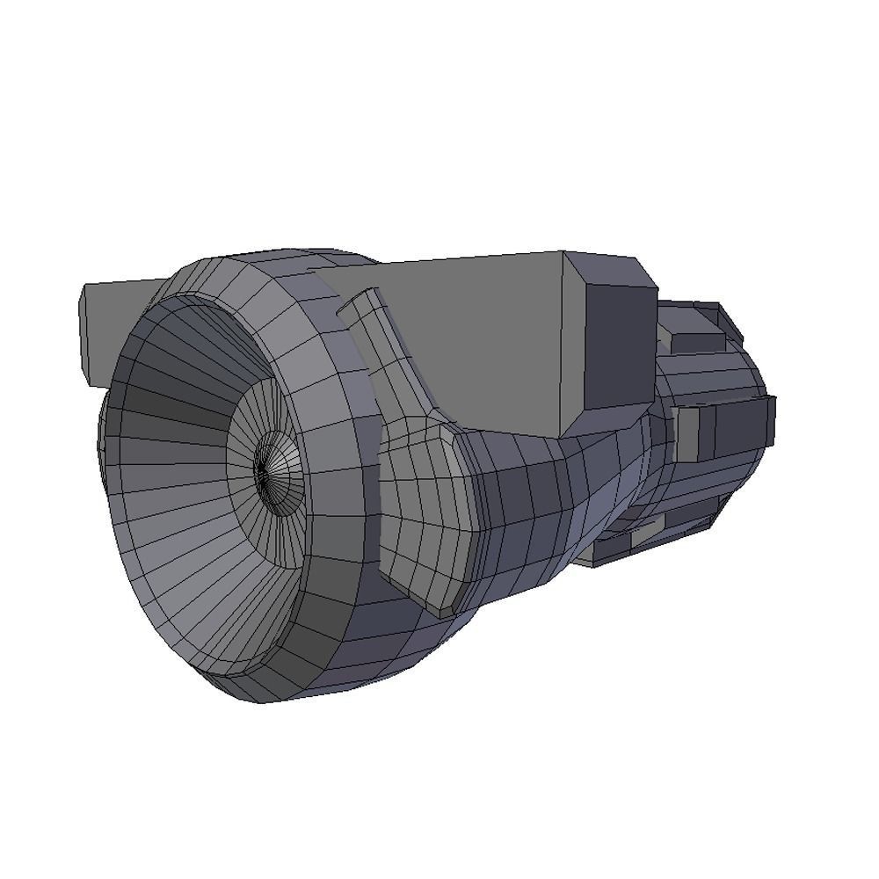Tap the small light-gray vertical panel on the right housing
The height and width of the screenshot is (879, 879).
(x=686, y=433)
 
